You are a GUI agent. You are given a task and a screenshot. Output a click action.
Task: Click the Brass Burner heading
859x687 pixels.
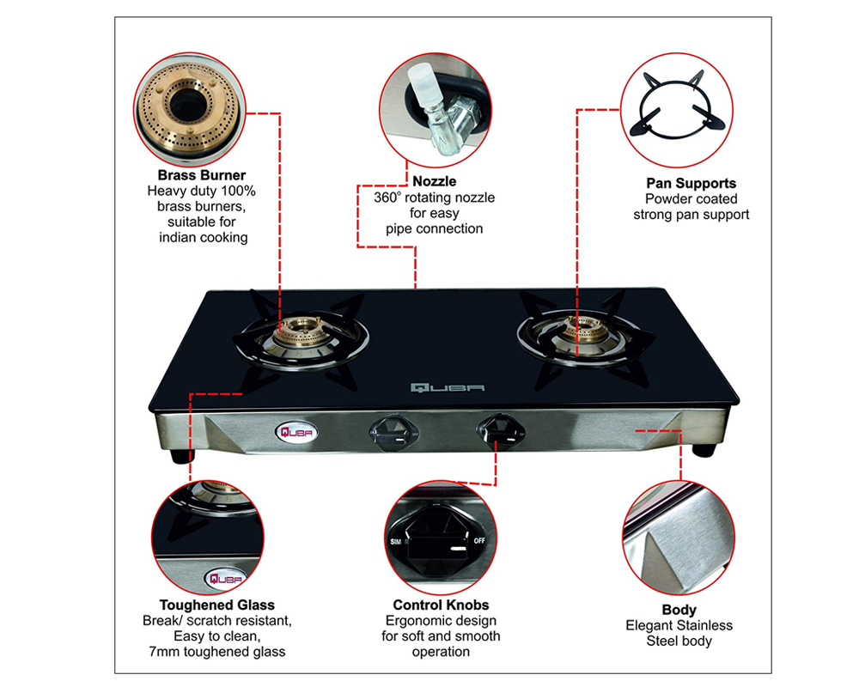click(202, 175)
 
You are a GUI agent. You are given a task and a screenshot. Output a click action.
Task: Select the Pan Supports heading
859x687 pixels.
click(691, 183)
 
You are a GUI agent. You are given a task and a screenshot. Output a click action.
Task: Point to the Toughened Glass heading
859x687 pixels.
click(217, 605)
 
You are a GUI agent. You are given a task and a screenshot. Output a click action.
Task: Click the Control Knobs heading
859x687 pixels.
click(441, 605)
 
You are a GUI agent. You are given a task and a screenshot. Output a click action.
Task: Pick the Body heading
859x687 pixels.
click(679, 610)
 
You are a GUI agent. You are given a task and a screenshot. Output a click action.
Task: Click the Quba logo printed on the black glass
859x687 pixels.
click(447, 388)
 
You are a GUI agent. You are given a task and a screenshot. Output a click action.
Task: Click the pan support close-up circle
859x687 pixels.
click(679, 109)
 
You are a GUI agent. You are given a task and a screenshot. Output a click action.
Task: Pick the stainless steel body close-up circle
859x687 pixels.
click(679, 537)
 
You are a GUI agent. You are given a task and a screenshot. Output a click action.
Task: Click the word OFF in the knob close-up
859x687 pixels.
click(479, 543)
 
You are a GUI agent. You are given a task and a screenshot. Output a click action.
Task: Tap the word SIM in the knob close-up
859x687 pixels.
click(396, 543)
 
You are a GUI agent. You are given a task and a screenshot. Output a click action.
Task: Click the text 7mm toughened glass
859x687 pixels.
click(218, 652)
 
